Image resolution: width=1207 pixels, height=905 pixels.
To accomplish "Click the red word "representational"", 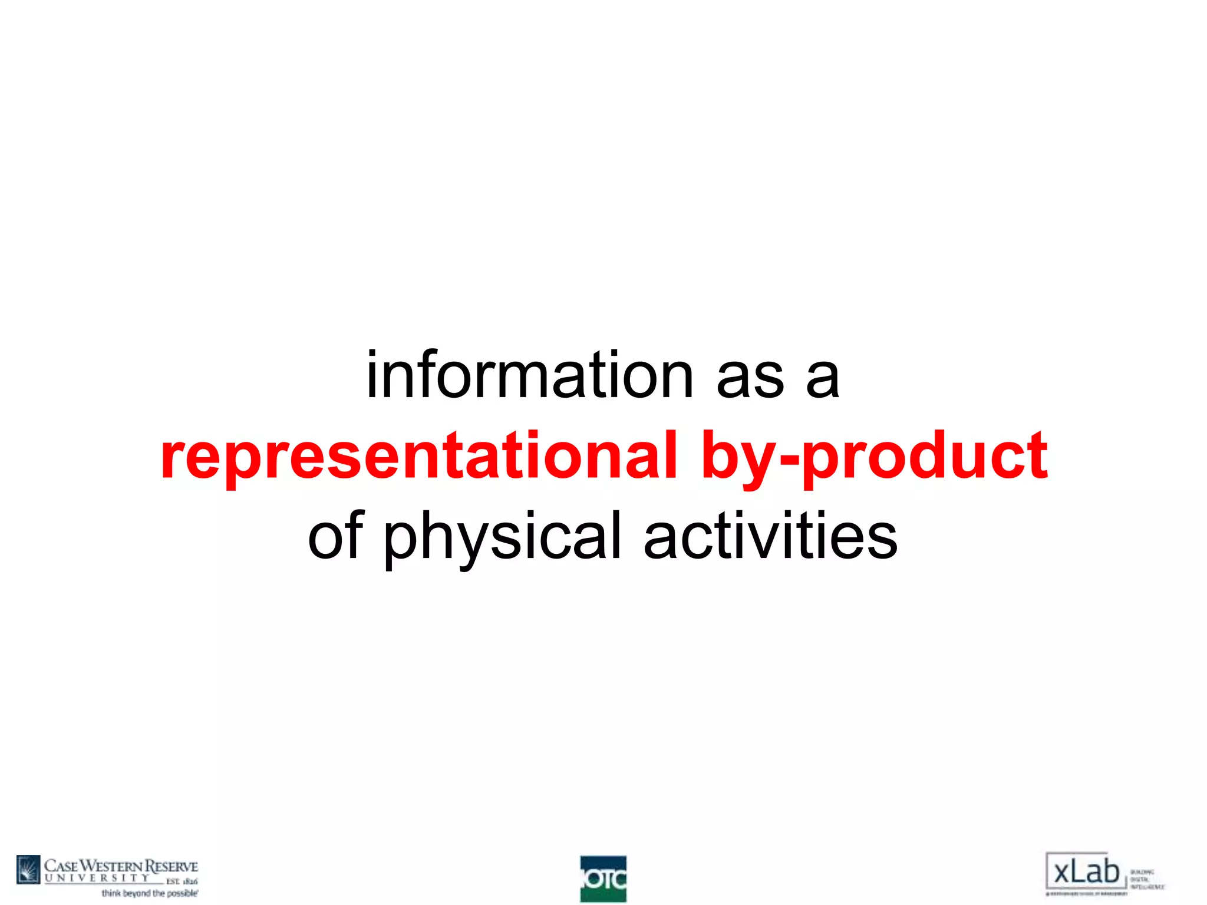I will (x=418, y=455).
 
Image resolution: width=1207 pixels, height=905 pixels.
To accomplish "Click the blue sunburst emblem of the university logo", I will (x=28, y=870).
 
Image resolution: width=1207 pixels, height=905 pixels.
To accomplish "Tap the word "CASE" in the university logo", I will (x=61, y=866).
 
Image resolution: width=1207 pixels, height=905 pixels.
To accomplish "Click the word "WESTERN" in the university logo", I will (x=111, y=866).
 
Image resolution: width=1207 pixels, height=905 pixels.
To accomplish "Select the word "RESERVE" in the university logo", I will (x=172, y=866).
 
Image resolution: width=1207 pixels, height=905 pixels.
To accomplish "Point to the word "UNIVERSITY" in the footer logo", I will (x=97, y=878).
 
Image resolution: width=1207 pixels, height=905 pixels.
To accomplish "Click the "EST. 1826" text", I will (x=182, y=881).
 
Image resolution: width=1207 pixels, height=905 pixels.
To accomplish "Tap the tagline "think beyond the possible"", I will (x=150, y=894).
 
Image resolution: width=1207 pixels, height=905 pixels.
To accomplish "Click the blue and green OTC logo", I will (x=603, y=879).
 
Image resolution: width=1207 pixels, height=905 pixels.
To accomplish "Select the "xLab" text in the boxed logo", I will (x=1086, y=871).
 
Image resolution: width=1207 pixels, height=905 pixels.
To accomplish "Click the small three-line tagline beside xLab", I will (x=1146, y=879).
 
